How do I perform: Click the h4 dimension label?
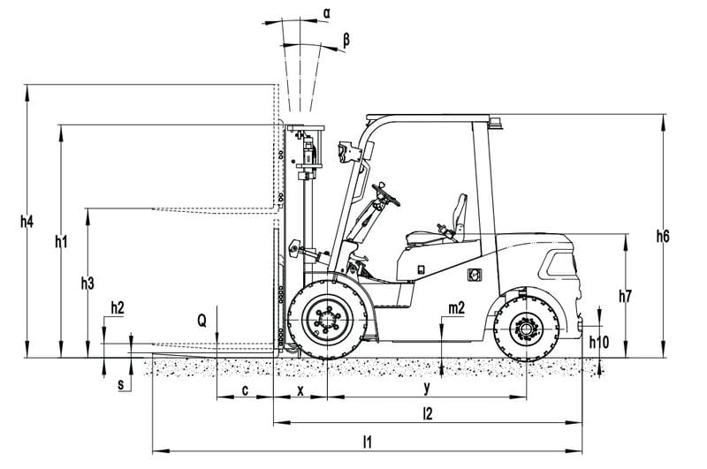coord(27,222)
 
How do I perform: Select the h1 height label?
coord(61,242)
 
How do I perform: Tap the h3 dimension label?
coord(87,284)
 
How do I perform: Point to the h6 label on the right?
coord(663,236)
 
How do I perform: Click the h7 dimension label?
coord(625,296)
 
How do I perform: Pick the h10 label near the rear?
coord(599,343)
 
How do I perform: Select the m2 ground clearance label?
coord(456,308)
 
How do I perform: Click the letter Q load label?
coord(202,321)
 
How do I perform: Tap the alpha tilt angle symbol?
coord(326,13)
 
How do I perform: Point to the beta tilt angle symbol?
coord(346,40)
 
